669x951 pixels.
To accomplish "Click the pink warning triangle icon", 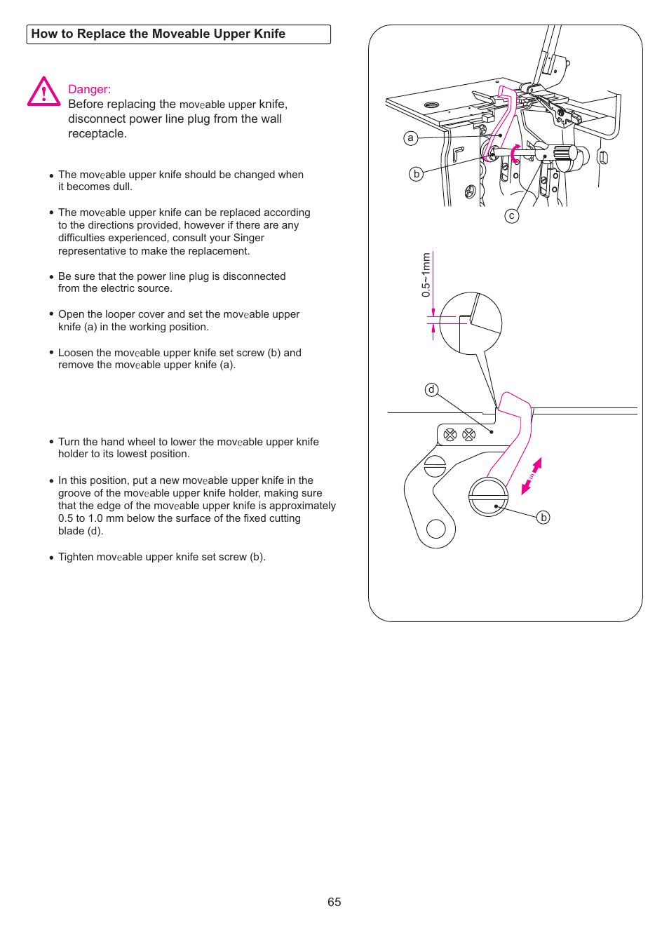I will [x=43, y=92].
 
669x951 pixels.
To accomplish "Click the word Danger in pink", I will [x=88, y=90].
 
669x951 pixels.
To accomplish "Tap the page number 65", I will [x=334, y=902].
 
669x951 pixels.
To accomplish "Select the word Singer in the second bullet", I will [x=248, y=238].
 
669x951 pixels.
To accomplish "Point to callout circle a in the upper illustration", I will [x=411, y=138].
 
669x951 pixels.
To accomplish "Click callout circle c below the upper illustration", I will [x=512, y=216].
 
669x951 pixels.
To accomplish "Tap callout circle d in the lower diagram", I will [x=432, y=390].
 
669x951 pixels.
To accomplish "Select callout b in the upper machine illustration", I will [x=417, y=174].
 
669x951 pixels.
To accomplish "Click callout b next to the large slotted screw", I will [x=543, y=518].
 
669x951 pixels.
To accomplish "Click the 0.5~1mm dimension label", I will [x=426, y=276].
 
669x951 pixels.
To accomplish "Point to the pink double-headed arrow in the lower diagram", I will [x=532, y=476].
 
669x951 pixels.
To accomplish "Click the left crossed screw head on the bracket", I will [x=450, y=435].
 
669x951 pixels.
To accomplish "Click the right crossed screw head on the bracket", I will [x=469, y=435].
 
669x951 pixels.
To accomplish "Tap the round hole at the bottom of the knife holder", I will [x=436, y=528].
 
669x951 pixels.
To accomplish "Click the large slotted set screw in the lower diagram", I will [x=488, y=497].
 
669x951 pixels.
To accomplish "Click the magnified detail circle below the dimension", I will [x=471, y=323].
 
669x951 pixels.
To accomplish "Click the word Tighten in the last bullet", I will [x=76, y=557].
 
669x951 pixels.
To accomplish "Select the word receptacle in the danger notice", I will [x=96, y=134].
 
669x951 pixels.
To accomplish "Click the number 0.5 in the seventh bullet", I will [x=66, y=518].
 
